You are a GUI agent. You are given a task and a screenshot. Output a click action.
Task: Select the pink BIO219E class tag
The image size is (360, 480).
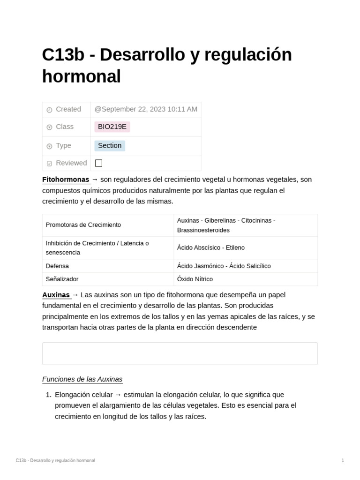point(112,127)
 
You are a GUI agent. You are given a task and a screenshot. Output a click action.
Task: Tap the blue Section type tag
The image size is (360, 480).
point(110,146)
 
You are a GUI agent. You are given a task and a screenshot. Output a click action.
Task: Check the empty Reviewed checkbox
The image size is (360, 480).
point(98,163)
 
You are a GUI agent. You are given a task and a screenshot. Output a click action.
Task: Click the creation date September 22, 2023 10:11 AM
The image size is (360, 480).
point(146,109)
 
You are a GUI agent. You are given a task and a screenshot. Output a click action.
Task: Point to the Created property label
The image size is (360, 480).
point(68,109)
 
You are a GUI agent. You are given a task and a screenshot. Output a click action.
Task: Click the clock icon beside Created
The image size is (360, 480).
point(49,110)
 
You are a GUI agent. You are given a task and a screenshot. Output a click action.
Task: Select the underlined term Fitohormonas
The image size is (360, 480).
point(66,180)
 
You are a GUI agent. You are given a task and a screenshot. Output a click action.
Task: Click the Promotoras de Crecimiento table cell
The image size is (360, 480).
point(83,225)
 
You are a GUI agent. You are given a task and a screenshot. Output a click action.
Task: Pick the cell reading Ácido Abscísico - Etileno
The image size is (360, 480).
point(211,247)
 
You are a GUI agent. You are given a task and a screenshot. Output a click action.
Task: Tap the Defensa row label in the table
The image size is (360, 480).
point(57,266)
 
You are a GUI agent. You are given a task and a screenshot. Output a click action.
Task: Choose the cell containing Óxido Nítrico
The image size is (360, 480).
point(195,279)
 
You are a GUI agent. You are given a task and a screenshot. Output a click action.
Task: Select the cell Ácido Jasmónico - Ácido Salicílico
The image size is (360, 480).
point(224,266)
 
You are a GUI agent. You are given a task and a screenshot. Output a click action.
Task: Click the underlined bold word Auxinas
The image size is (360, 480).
point(56,295)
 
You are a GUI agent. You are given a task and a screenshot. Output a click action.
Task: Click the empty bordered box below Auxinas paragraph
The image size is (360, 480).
point(180,353)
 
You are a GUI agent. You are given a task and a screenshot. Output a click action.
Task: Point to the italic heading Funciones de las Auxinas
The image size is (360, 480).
point(82,379)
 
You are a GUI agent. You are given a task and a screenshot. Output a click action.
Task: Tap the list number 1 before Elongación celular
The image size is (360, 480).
point(48,395)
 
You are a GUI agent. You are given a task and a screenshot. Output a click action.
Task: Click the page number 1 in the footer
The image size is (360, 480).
point(343,460)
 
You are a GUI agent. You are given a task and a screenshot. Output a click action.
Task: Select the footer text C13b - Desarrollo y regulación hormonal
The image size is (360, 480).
point(55,460)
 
